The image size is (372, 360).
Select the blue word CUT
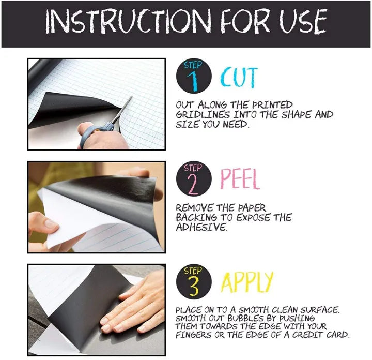pyautogui.click(x=239, y=78)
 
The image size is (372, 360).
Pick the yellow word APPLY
pyautogui.click(x=246, y=282)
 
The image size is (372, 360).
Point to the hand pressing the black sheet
pyautogui.click(x=135, y=305)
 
